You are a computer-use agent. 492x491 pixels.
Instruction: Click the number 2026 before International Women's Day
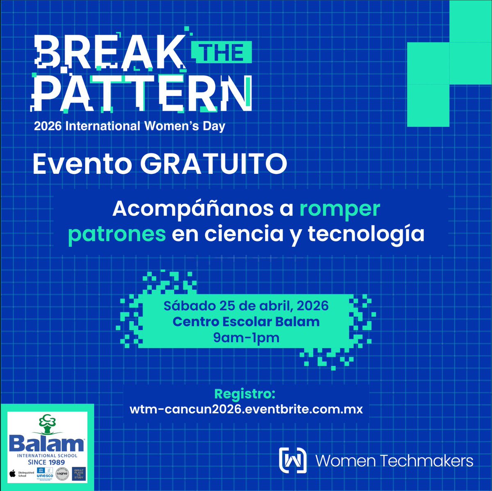tap(48, 126)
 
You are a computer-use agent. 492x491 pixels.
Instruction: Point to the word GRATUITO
tap(213, 164)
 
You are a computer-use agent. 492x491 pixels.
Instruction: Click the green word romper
tap(339, 209)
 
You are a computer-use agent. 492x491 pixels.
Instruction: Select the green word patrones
tap(117, 234)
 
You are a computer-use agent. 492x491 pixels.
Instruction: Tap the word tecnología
tap(366, 234)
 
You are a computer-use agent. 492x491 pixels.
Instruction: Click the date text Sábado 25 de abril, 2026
tap(246, 306)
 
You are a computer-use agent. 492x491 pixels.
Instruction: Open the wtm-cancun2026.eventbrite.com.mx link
tap(246, 409)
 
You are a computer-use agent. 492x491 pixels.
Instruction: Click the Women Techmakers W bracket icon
tap(293, 460)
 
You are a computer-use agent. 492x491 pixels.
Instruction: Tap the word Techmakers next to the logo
tap(427, 461)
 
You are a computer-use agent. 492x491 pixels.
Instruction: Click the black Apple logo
tap(13, 474)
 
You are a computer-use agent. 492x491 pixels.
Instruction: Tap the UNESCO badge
tap(43, 474)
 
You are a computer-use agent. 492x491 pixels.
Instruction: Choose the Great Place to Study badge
tap(79, 474)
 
